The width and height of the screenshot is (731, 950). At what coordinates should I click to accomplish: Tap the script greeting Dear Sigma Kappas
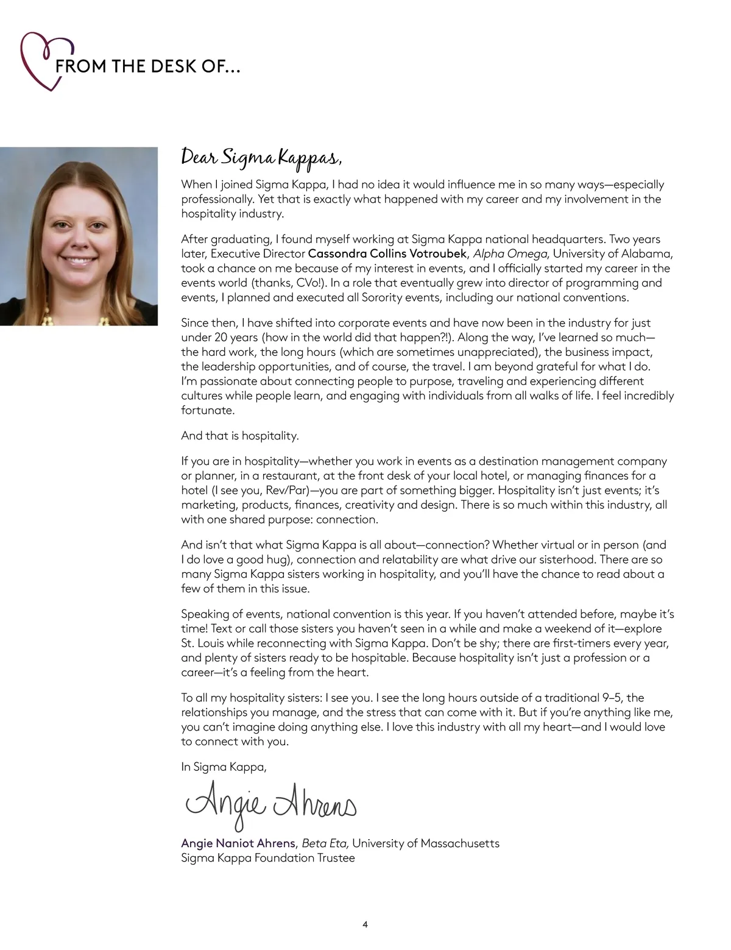[x=261, y=157]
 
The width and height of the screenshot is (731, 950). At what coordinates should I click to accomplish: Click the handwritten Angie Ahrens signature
[x=270, y=806]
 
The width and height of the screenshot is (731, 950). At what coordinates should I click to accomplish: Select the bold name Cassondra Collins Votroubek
[x=387, y=253]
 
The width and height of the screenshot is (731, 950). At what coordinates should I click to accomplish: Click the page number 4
[x=365, y=924]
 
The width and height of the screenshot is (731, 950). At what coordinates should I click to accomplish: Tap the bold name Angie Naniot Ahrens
[x=238, y=843]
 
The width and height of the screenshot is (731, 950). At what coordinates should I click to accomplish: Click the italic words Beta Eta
[x=325, y=843]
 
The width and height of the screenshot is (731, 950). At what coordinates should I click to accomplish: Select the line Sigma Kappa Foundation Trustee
[x=267, y=858]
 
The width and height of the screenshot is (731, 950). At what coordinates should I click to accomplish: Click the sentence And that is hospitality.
[x=239, y=436]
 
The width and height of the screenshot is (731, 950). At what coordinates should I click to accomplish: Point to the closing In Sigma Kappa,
[x=224, y=767]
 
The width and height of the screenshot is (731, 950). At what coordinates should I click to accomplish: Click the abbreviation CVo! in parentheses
[x=306, y=283]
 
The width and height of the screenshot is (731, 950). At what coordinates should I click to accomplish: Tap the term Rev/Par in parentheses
[x=286, y=491]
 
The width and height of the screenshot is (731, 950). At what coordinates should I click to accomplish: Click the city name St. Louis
[x=202, y=643]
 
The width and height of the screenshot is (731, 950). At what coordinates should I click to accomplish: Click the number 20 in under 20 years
[x=221, y=338]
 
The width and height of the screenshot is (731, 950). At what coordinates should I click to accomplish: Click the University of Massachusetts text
[x=426, y=843]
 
